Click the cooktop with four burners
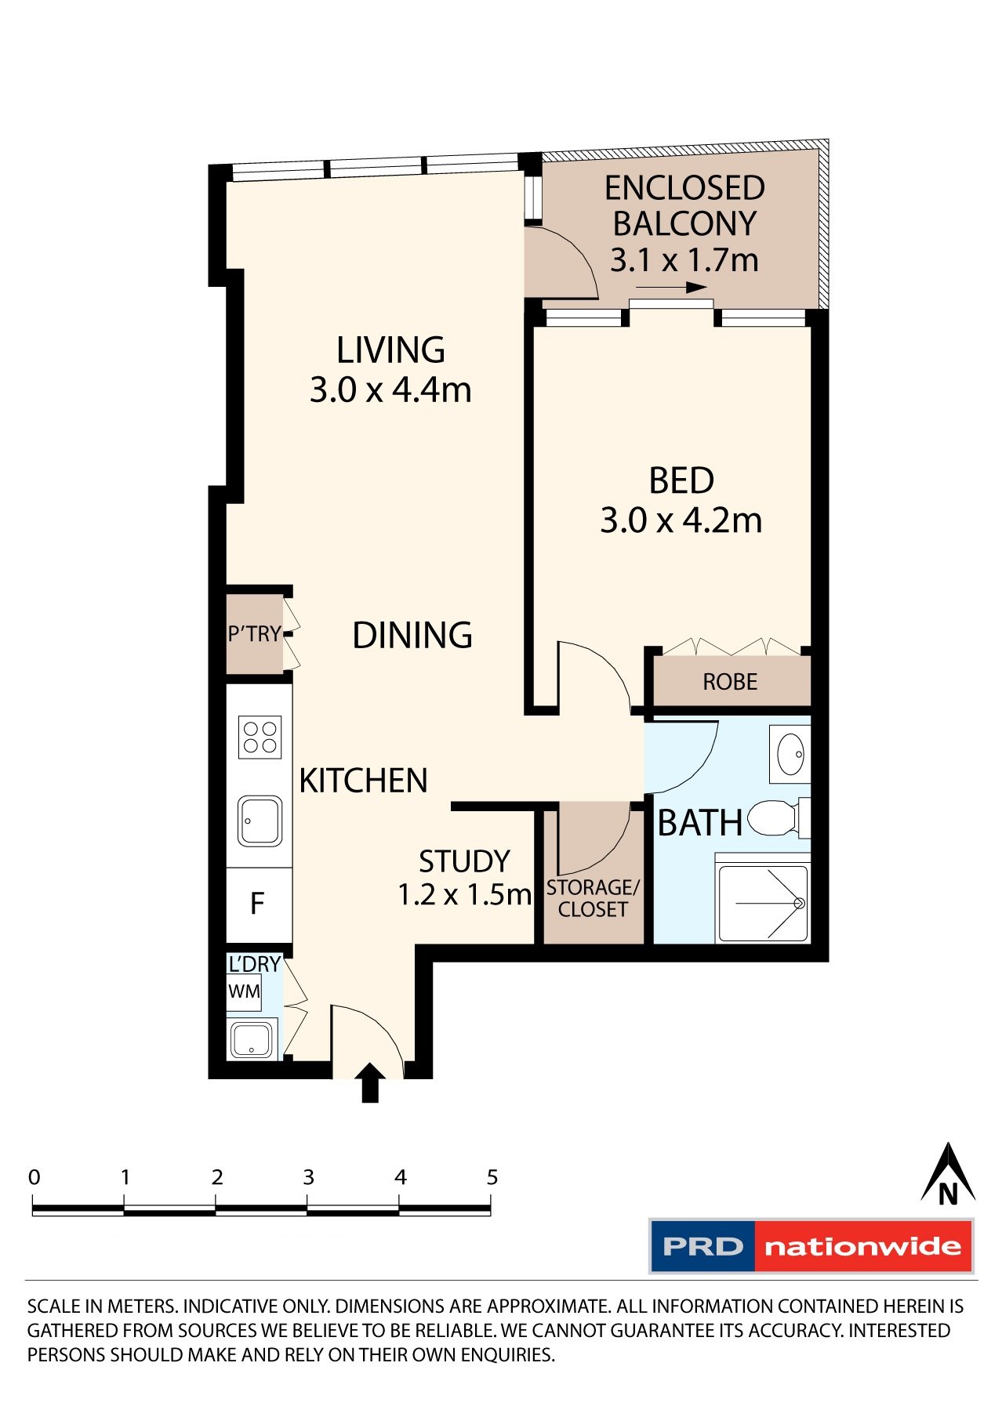point(260,737)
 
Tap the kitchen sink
point(260,821)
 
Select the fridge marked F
point(257,904)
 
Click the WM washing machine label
point(244,991)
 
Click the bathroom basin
point(790,754)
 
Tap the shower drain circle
point(799,904)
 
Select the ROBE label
point(730,682)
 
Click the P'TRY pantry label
point(254,633)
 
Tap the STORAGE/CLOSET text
point(593,898)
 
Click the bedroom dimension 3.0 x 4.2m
point(681,521)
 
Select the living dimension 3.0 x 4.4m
point(390,390)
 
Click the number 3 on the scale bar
point(308,1177)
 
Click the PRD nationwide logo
point(811,1246)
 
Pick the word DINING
point(412,635)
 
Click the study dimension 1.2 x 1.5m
point(464,894)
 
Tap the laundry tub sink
point(252,1039)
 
